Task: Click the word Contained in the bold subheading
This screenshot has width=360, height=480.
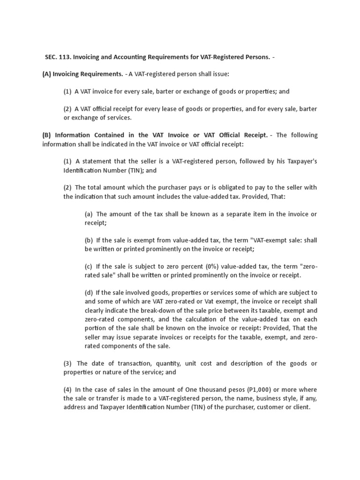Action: [x=105, y=135]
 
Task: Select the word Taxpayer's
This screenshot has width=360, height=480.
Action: [x=299, y=161]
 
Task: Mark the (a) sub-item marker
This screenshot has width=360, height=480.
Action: [x=89, y=214]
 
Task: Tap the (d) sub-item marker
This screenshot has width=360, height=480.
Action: [x=89, y=292]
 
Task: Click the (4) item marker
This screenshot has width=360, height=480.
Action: [x=67, y=390]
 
